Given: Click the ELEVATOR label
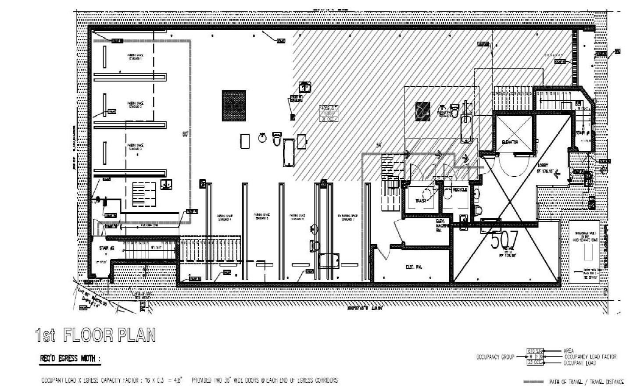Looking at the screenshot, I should click(x=510, y=142).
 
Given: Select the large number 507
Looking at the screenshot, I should click(x=504, y=241).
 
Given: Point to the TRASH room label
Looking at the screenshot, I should click(x=421, y=201).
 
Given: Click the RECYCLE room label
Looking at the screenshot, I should click(x=460, y=190).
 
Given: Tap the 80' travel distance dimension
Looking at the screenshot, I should click(x=185, y=135).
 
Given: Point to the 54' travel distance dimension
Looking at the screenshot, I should click(x=379, y=145).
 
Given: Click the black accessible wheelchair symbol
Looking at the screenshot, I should click(x=423, y=110).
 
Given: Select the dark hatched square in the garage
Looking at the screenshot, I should click(x=233, y=105).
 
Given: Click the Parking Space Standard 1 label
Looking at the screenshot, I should click(x=135, y=57).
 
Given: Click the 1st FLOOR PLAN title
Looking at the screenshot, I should click(x=95, y=336).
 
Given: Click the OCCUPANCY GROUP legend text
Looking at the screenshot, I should click(x=495, y=357).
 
